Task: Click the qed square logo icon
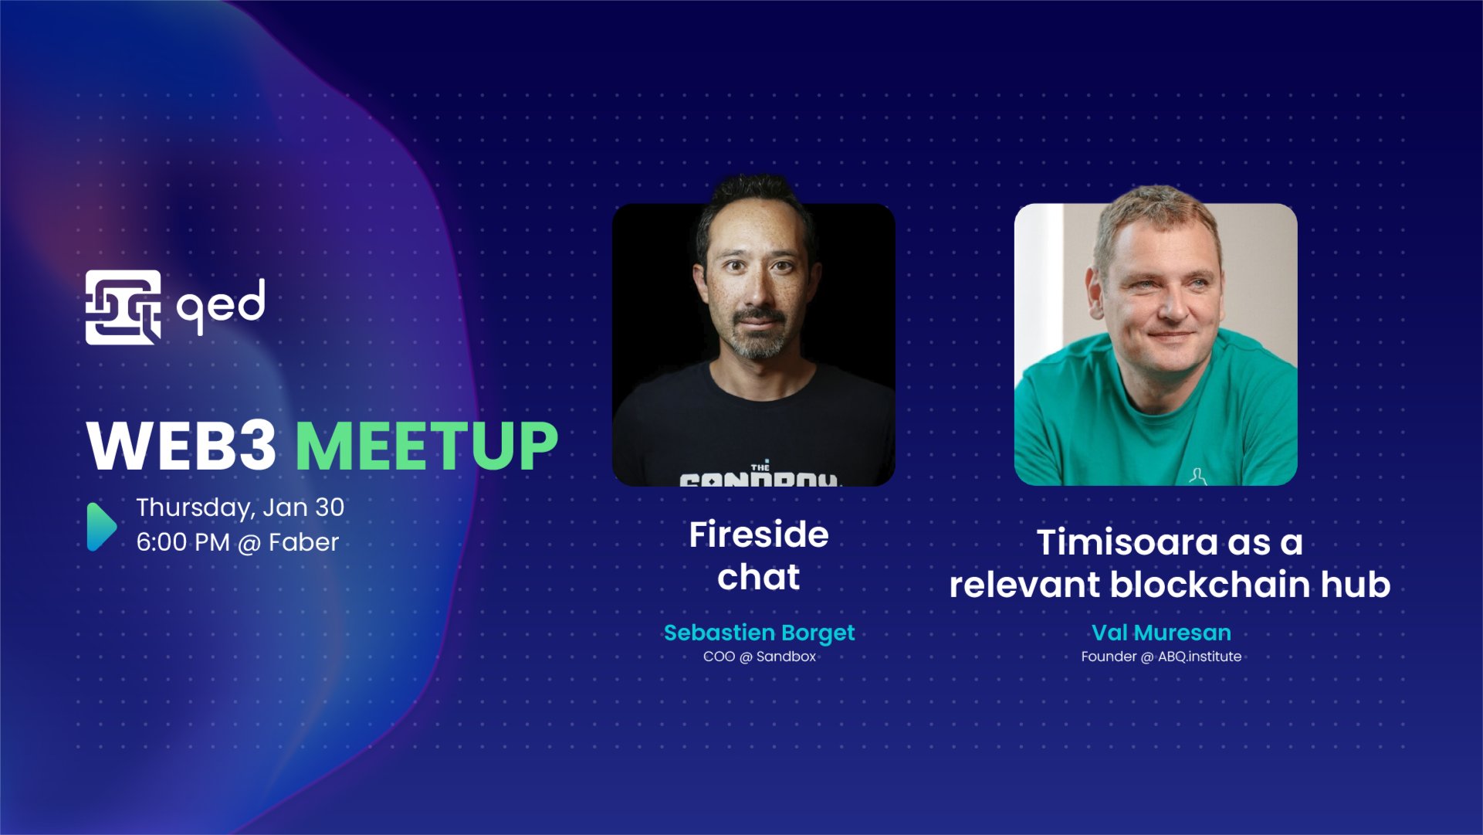point(123,307)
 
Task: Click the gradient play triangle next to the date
point(100,527)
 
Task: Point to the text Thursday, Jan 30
point(240,507)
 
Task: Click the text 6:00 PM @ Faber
point(238,542)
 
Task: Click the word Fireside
point(759,535)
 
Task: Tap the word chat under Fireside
point(759,577)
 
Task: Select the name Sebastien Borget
point(759,633)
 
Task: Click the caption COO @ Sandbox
point(759,657)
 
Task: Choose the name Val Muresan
point(1161,633)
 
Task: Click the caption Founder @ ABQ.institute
point(1161,657)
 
